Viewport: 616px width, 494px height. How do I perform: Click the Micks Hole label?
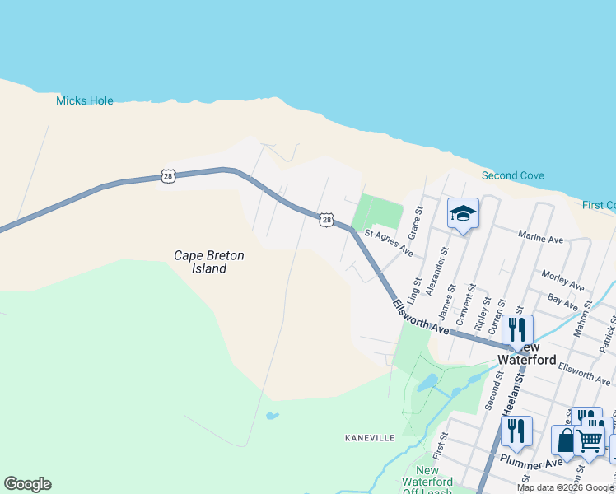pos(84,100)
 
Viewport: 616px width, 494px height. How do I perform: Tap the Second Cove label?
pos(512,175)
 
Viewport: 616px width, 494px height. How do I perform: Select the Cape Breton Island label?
pos(208,262)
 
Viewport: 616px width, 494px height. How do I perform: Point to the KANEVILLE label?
pos(370,438)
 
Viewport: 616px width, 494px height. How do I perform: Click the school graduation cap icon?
pos(463,214)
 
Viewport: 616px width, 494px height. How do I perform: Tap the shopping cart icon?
pos(590,440)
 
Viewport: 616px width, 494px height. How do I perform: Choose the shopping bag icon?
pos(565,440)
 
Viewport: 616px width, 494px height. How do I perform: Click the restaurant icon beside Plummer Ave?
pos(516,431)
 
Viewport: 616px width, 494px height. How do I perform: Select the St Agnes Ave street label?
pos(388,243)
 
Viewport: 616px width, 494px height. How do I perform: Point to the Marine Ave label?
pos(540,238)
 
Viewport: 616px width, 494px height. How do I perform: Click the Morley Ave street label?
pos(562,280)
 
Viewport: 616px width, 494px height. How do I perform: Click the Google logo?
pos(27,484)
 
